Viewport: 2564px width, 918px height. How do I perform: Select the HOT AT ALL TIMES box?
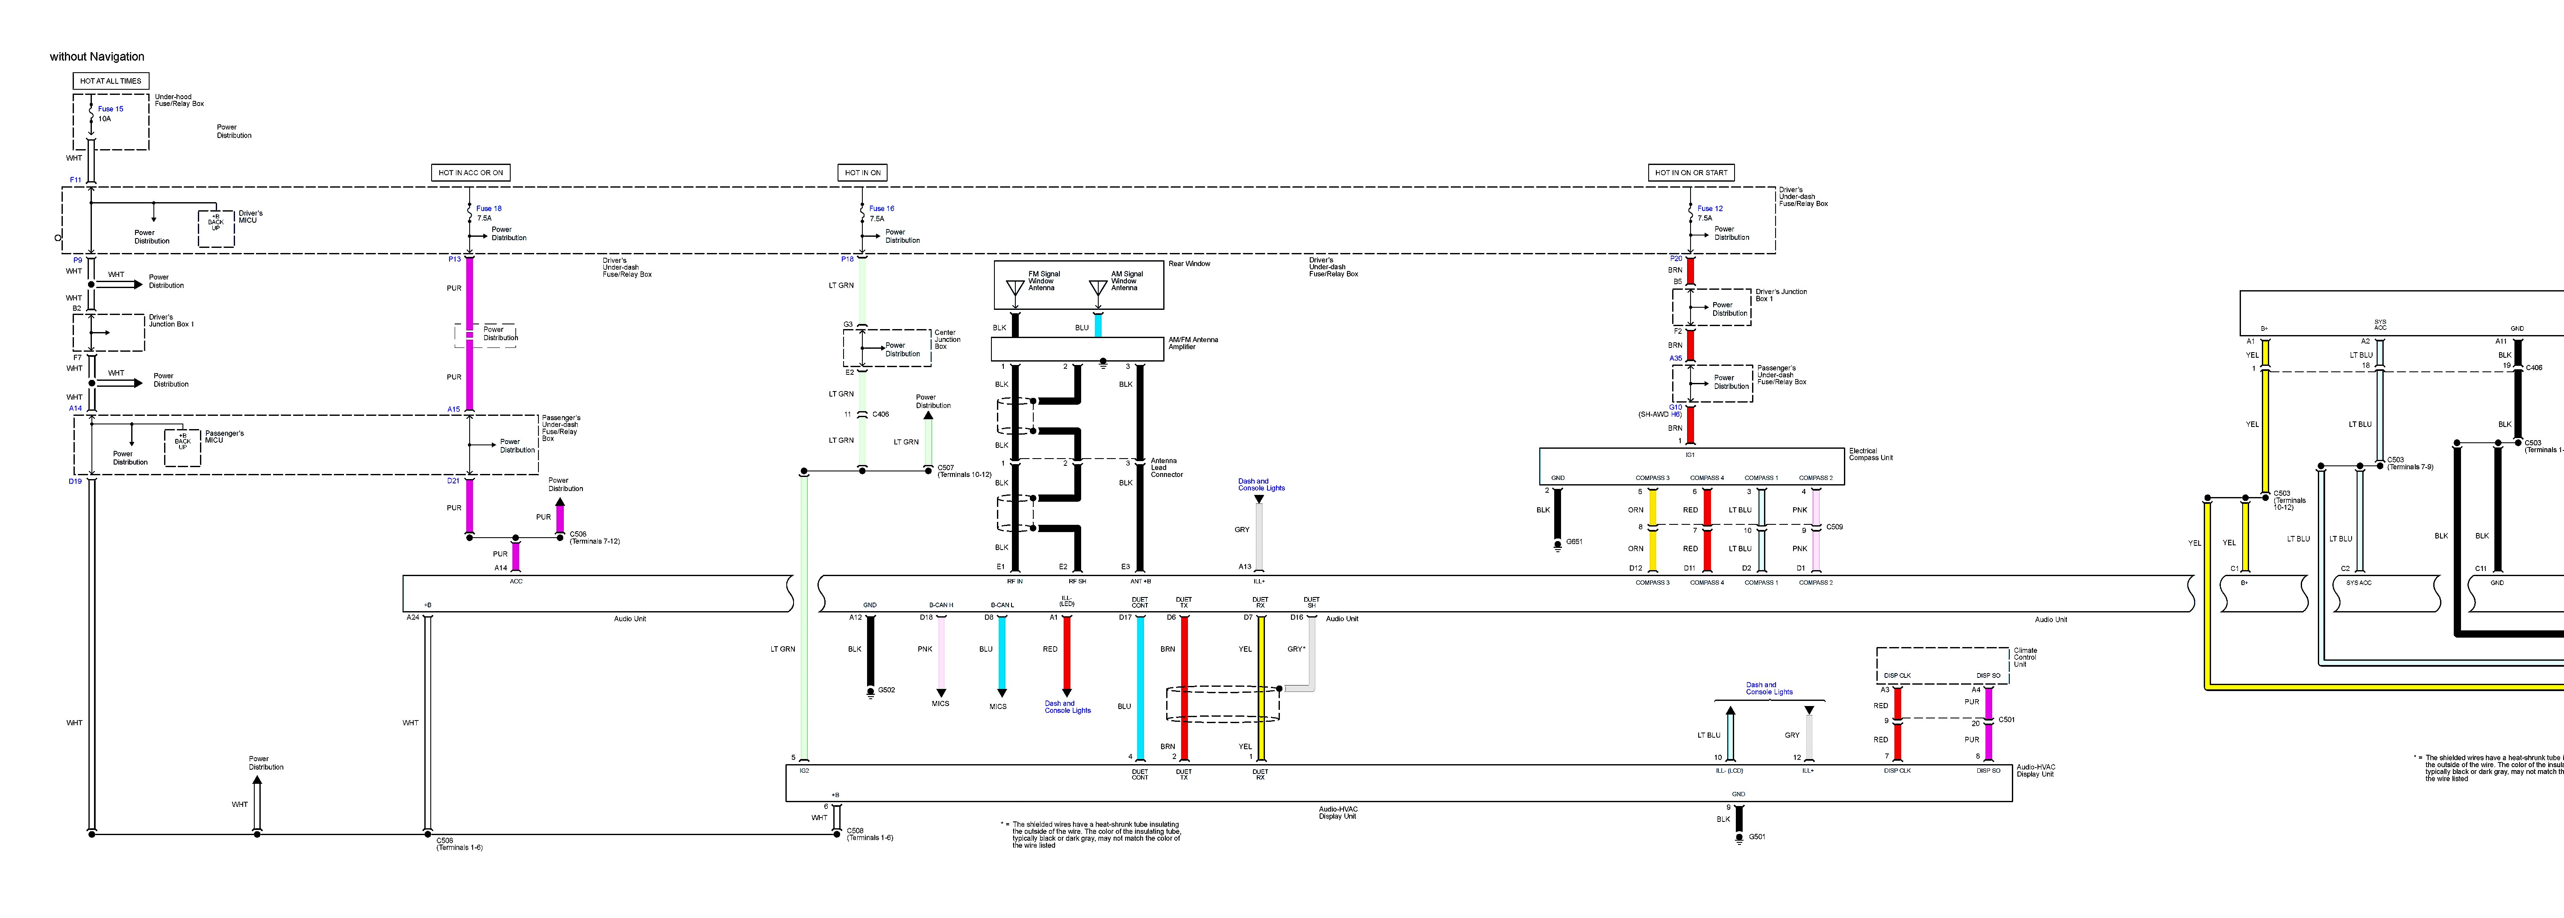pos(111,81)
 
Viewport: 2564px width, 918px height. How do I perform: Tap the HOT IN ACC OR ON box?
pos(471,172)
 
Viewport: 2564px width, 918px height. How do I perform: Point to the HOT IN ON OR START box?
pos(1691,172)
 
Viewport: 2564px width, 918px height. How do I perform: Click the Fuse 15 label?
pos(111,109)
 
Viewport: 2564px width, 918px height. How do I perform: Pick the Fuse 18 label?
pos(489,208)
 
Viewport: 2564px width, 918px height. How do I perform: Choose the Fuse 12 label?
pos(1710,208)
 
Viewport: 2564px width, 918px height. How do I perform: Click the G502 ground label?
pos(886,690)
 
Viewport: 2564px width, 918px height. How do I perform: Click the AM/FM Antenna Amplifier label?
pos(1192,344)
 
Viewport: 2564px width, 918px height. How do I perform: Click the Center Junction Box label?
pos(947,339)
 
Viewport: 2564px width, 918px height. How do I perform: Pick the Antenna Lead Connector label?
pos(1167,468)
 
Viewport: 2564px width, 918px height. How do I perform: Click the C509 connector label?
pos(1835,527)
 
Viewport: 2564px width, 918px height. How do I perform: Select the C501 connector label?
pos(2007,719)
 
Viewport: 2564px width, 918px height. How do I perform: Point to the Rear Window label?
pos(1189,264)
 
